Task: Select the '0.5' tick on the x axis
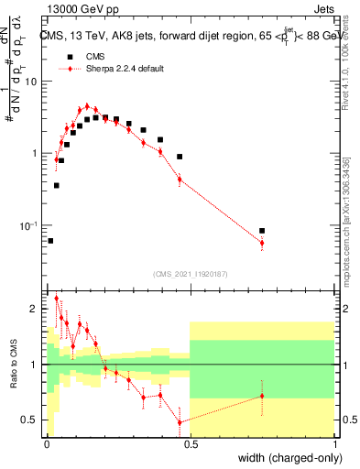pyautogui.click(x=190, y=444)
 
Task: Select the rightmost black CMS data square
pyautogui.click(x=262, y=231)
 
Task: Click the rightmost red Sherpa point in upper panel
pyautogui.click(x=262, y=244)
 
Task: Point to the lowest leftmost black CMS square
pyautogui.click(x=50, y=241)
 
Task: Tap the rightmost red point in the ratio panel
pyautogui.click(x=262, y=396)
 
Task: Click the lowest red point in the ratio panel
pyautogui.click(x=180, y=422)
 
